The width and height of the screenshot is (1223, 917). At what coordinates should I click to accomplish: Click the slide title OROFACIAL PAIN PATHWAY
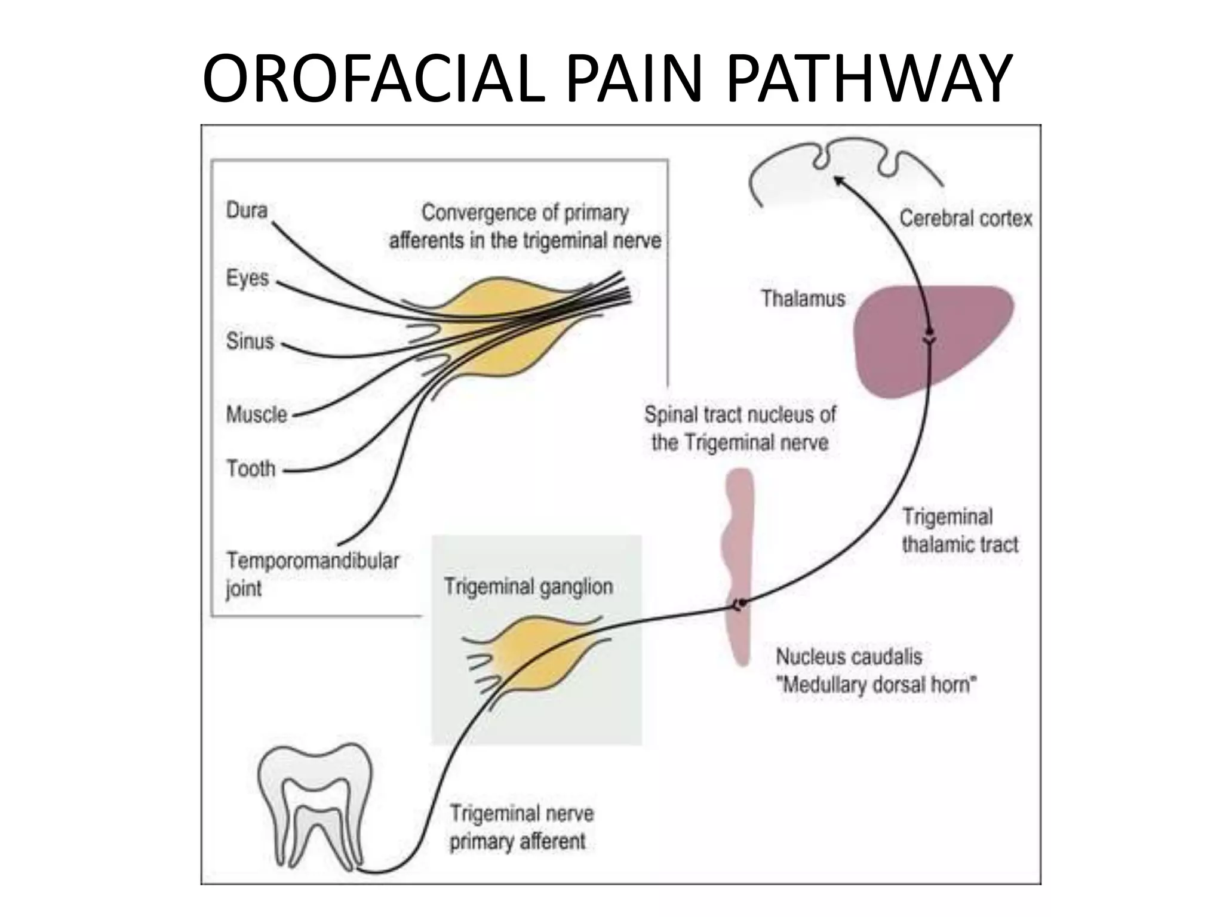[x=607, y=79]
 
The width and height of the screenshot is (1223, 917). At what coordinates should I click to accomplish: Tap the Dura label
[x=247, y=210]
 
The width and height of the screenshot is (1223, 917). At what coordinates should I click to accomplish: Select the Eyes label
[x=247, y=278]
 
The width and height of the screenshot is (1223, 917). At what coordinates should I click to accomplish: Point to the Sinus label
[x=250, y=341]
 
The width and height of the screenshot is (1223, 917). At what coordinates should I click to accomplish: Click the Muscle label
[x=256, y=414]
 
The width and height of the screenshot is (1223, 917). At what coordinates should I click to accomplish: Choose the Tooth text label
[x=251, y=469]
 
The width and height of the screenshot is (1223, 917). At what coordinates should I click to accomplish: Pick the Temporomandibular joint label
[x=312, y=574]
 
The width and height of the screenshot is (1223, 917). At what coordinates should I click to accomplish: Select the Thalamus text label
[x=803, y=299]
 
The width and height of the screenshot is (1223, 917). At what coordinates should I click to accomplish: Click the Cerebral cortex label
[x=966, y=219]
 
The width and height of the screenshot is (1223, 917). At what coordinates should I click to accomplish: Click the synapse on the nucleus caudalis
[x=741, y=604]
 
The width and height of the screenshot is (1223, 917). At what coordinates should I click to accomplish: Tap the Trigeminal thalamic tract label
[x=960, y=531]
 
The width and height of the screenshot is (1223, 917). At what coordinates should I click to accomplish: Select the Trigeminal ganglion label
[x=528, y=587]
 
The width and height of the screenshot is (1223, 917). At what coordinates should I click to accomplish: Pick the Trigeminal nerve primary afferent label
[x=521, y=827]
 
